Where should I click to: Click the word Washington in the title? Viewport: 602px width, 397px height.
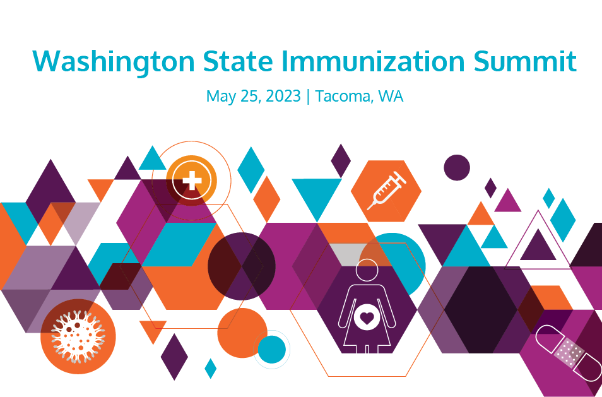tap(114, 62)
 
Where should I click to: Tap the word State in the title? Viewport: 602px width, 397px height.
tap(238, 61)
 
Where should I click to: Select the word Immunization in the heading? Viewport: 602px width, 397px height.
tap(373, 61)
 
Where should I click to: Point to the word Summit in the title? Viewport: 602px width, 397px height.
tap(525, 61)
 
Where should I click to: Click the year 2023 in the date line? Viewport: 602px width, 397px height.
tap(283, 95)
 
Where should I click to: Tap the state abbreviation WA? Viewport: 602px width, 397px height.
tap(391, 96)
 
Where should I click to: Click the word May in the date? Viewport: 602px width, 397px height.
tap(221, 97)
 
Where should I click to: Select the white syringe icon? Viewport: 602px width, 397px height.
tap(387, 191)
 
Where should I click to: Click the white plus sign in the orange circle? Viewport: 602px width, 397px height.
tap(192, 180)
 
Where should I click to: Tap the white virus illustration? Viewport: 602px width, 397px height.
tap(78, 336)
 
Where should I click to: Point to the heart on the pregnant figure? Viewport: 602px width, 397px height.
tap(367, 318)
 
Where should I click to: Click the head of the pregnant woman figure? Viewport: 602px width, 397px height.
tap(367, 270)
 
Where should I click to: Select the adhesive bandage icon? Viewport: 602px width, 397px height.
tap(569, 353)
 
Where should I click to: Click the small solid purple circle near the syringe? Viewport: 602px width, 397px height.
tap(457, 168)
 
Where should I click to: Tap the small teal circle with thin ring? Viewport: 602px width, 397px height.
tap(272, 350)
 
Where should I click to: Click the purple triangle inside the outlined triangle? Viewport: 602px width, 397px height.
tap(538, 245)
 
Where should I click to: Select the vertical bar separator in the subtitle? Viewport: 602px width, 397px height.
tap(308, 97)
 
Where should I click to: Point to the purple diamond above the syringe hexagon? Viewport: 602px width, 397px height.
tap(341, 161)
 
